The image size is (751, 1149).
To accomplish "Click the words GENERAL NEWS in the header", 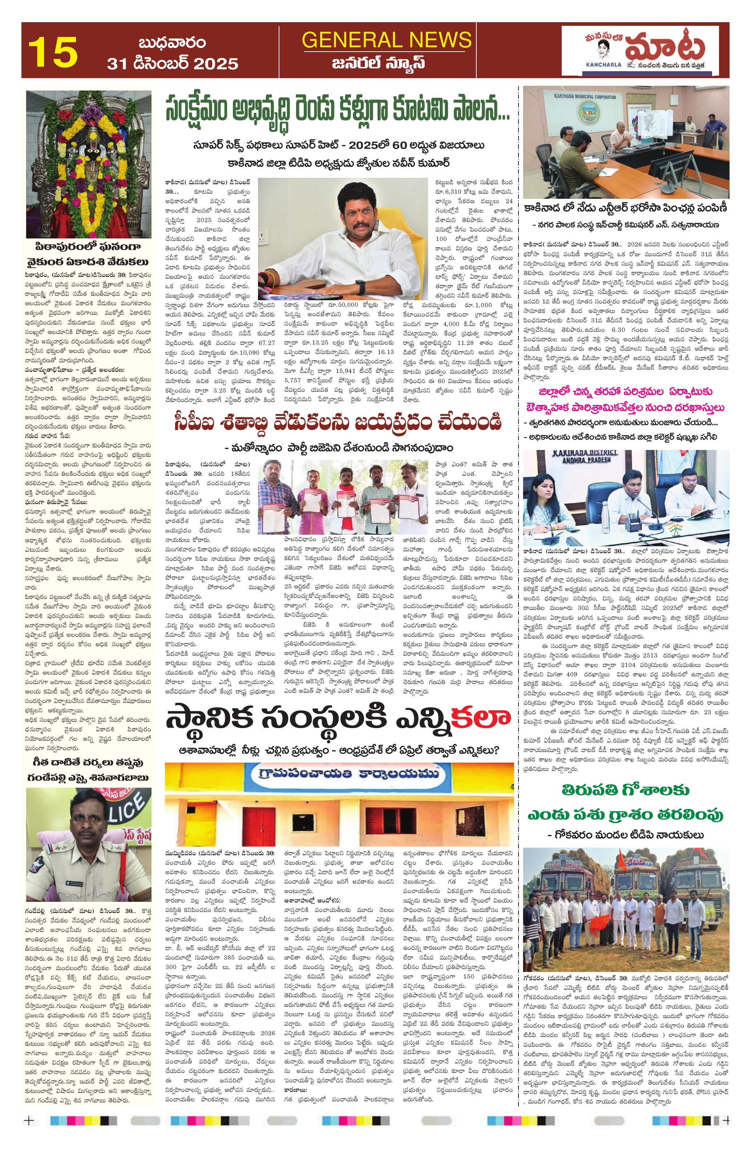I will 386,40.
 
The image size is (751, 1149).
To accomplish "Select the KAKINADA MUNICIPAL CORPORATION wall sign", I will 586,97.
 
